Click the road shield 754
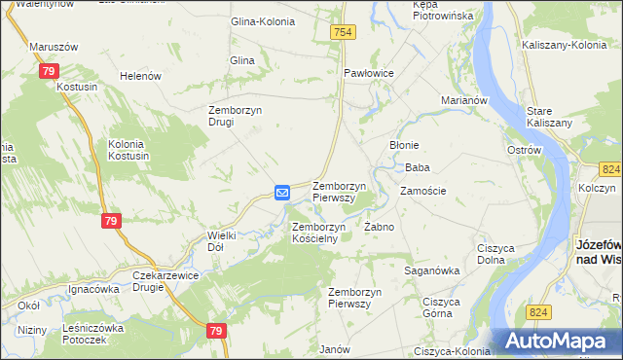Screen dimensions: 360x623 click(342, 33)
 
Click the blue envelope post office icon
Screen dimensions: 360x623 click(282, 193)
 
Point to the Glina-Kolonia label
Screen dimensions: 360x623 click(261, 21)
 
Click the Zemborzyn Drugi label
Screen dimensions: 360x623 click(235, 116)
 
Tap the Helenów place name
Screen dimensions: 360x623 click(139, 76)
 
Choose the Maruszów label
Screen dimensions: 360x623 click(54, 47)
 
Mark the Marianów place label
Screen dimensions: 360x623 click(463, 100)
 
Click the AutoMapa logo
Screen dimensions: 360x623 click(561, 342)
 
